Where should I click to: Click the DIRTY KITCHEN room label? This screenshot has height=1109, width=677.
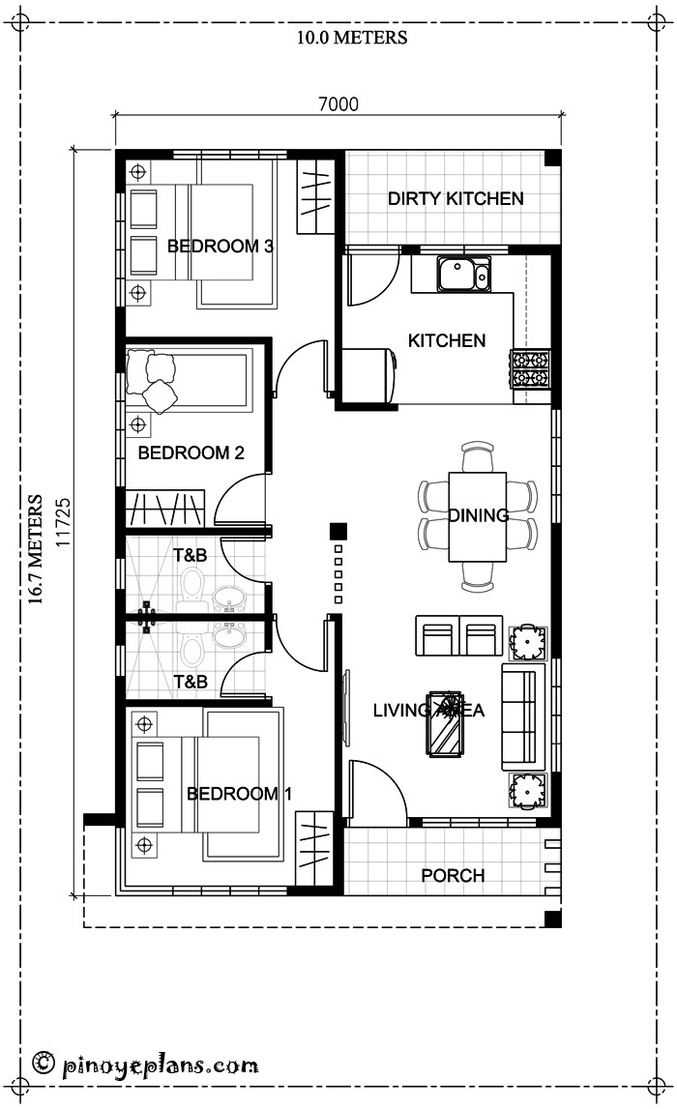pyautogui.click(x=456, y=199)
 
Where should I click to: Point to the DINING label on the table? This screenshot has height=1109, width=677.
pyautogui.click(x=478, y=515)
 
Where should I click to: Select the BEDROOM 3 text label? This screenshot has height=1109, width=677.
pyautogui.click(x=220, y=247)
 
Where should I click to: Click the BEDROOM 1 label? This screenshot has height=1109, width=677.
pyautogui.click(x=239, y=794)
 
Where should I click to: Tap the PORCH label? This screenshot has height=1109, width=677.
pyautogui.click(x=453, y=876)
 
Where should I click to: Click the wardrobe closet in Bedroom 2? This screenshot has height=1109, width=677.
pyautogui.click(x=166, y=509)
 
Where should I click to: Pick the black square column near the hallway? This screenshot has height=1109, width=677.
pyautogui.click(x=338, y=531)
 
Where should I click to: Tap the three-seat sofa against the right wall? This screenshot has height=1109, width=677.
pyautogui.click(x=519, y=716)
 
